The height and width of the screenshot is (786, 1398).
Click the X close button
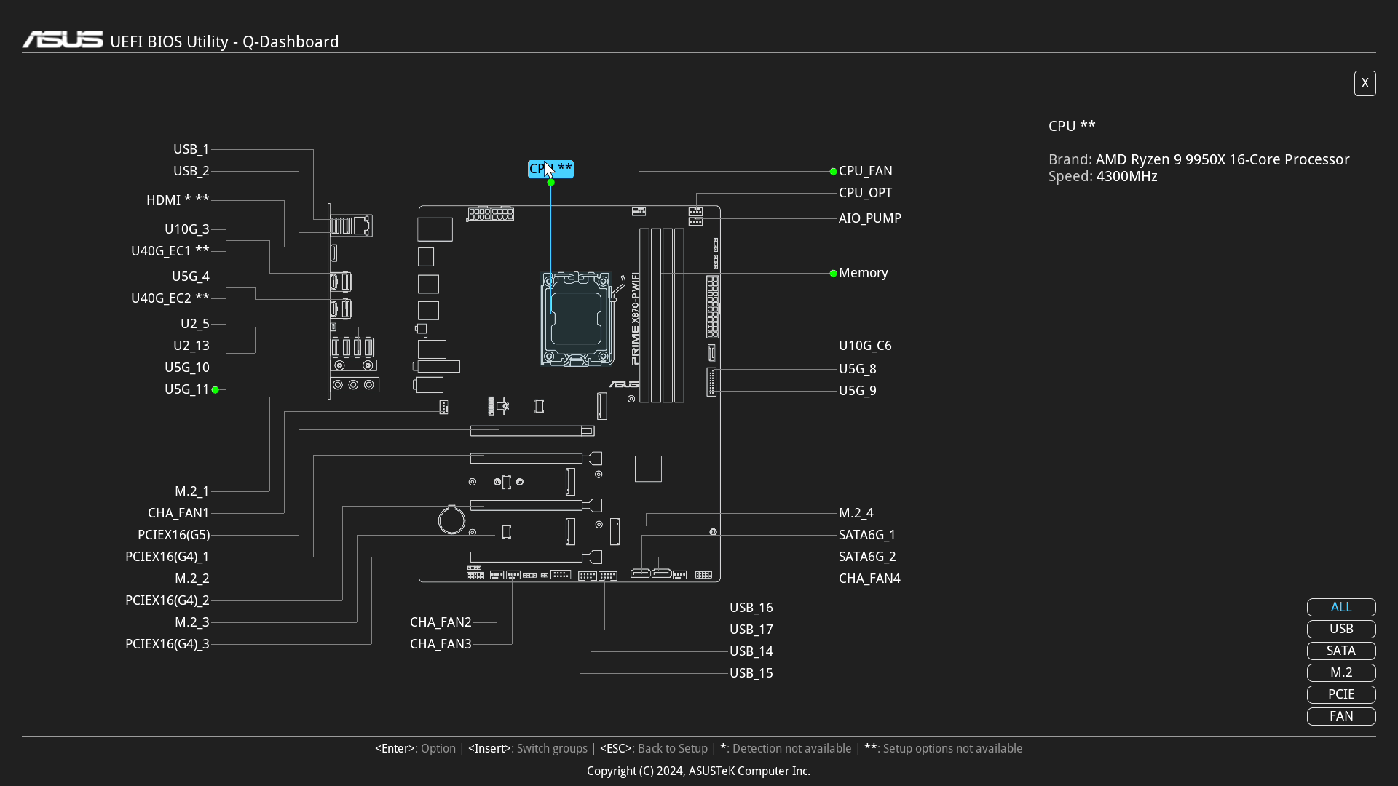coord(1365,83)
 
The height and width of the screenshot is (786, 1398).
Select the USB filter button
coord(1340,629)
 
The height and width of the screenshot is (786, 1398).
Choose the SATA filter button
coord(1340,651)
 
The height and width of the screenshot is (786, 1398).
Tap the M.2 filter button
coord(1340,672)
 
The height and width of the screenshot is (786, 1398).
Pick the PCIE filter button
coord(1340,694)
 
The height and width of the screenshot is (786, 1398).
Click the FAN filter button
coord(1340,716)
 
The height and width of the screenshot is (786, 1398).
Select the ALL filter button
coord(1340,607)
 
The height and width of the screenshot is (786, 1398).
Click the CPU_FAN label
coord(865,171)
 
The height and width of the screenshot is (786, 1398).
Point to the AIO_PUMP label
coord(869,218)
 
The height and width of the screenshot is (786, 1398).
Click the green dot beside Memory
coord(833,274)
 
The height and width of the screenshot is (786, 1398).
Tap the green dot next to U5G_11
coord(216,390)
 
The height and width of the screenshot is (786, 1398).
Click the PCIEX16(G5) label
coord(173,535)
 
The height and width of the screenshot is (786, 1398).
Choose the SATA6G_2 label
coord(866,557)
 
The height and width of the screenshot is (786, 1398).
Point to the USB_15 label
coord(751,673)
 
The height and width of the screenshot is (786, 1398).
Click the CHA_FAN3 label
coord(441,644)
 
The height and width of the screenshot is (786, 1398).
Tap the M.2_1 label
coord(191,491)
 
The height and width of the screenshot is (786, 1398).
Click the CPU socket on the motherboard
coord(576,319)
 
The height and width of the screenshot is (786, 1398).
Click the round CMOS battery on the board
coord(451,520)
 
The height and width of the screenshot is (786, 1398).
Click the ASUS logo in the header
coord(63,40)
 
